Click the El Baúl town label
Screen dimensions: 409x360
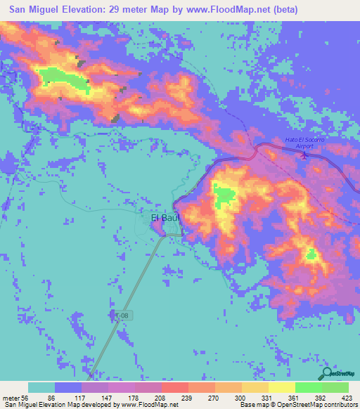pos(166,218)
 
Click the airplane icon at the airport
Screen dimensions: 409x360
pos(304,155)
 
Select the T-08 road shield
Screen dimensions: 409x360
pos(121,316)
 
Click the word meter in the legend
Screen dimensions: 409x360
pos(12,397)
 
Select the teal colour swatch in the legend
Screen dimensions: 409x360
pos(41,387)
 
